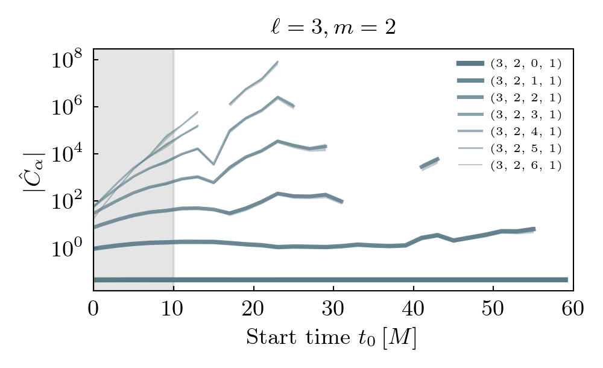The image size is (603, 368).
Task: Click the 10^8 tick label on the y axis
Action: pos(67,60)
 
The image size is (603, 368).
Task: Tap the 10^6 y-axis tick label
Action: pos(67,107)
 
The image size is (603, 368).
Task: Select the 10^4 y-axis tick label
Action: pos(67,154)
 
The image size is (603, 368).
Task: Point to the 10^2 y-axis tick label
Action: pos(67,201)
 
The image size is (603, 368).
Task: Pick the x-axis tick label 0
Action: pos(93,309)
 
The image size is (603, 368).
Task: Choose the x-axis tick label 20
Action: pos(253,309)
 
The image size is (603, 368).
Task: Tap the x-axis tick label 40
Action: pos(413,309)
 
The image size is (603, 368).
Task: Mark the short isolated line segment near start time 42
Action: pos(429,163)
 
